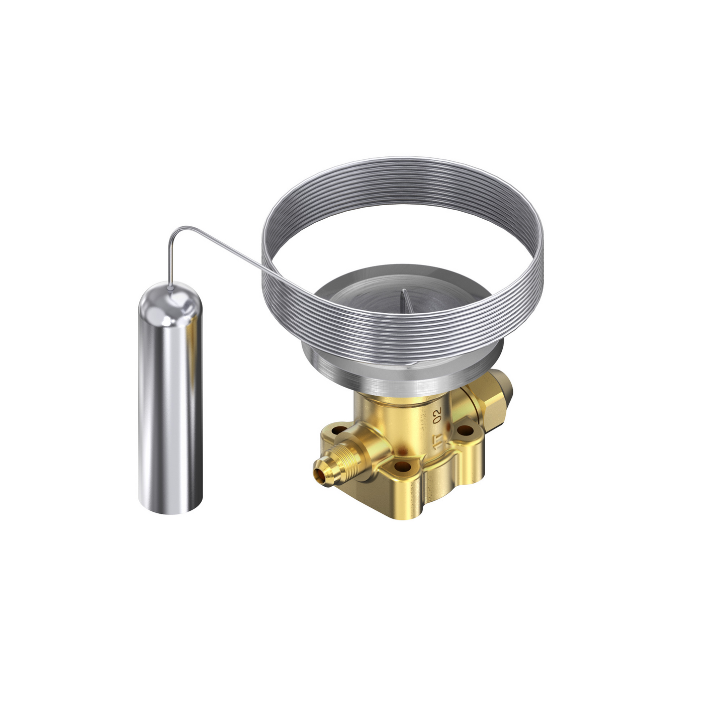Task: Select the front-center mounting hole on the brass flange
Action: tap(401, 467)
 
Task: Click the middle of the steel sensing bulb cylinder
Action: tap(171, 407)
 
